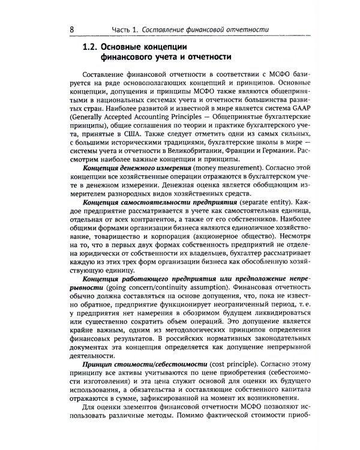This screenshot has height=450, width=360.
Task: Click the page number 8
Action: point(72,29)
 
